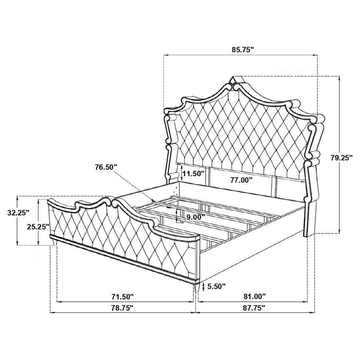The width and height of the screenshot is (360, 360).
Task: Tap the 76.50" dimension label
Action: [x=107, y=167]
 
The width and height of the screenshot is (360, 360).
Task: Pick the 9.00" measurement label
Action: [x=195, y=217]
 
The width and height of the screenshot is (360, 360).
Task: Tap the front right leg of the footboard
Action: [x=197, y=292]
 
